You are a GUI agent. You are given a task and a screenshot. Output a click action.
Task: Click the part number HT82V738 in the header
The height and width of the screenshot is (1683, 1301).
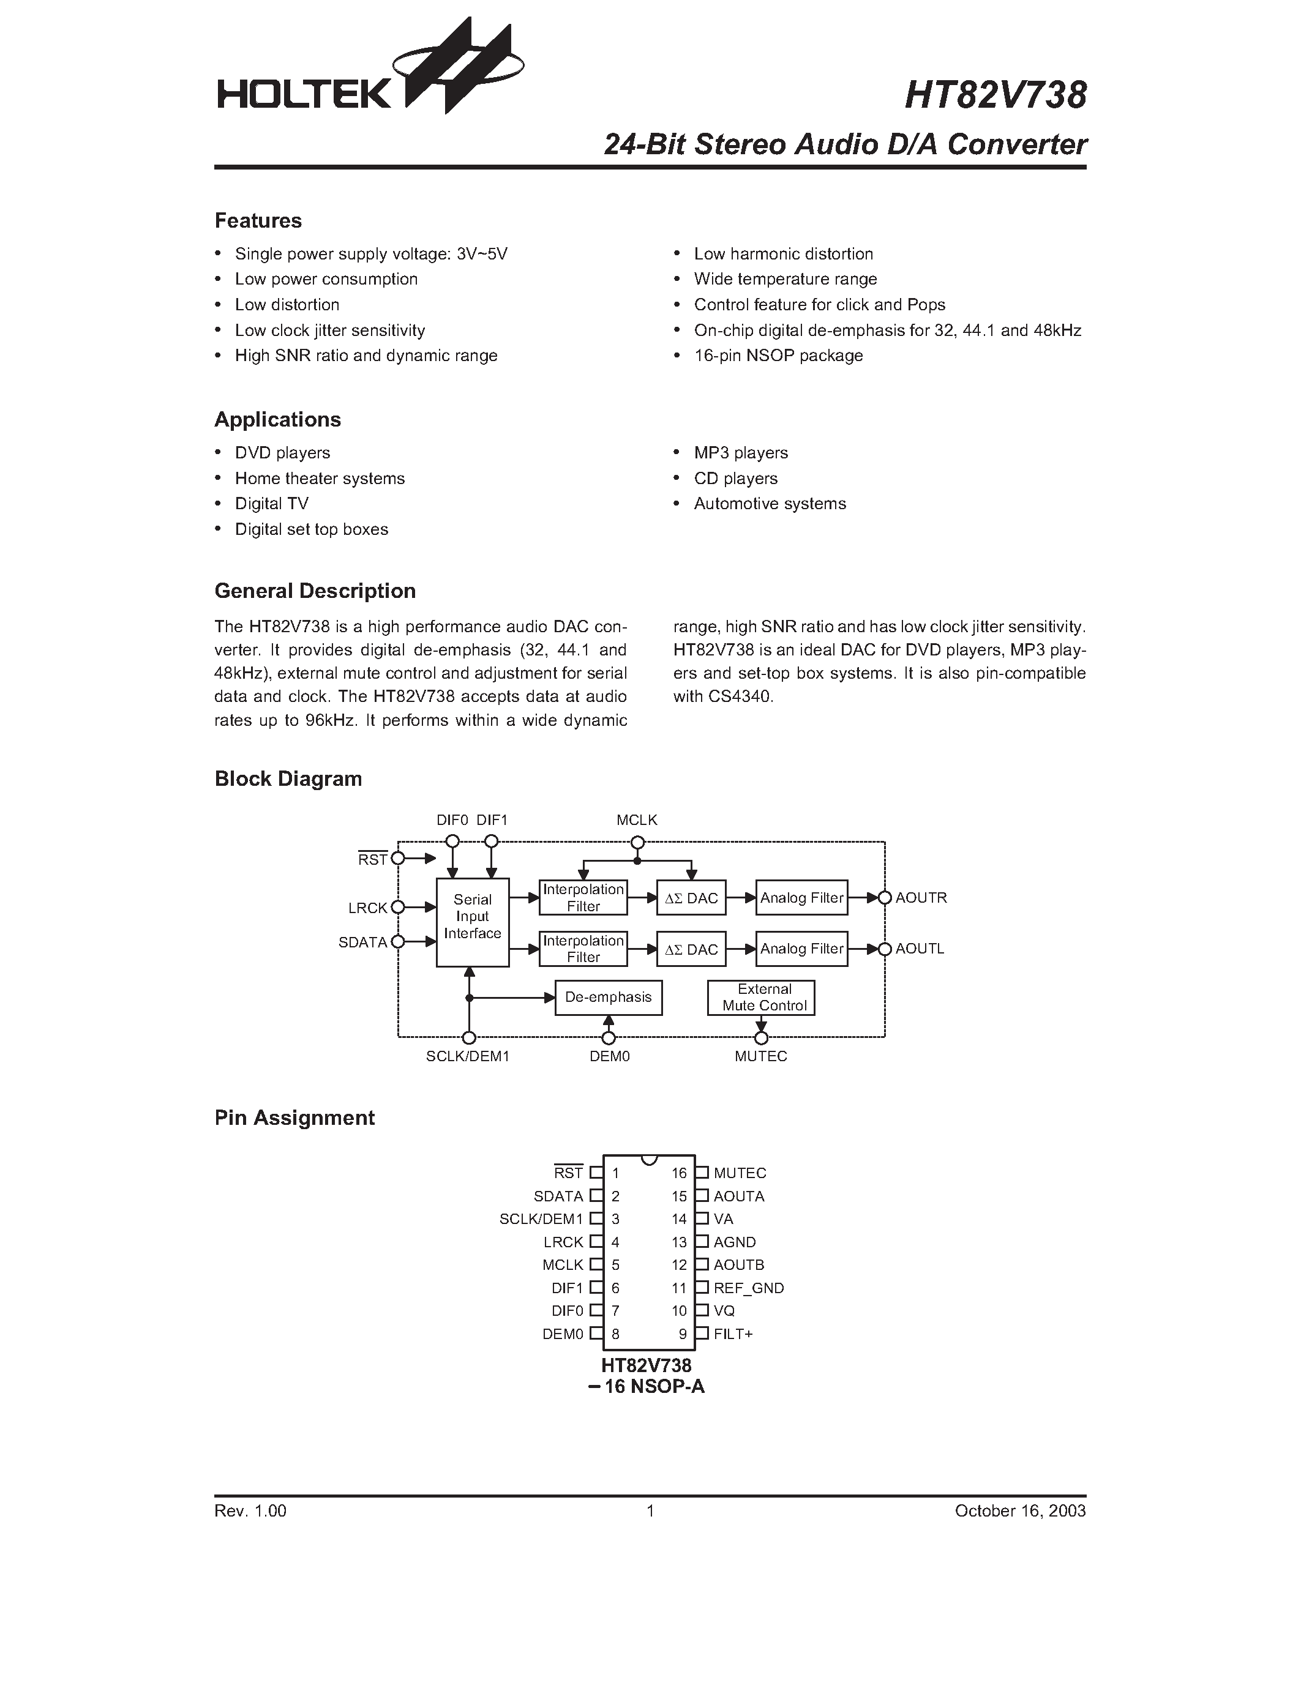[x=995, y=96]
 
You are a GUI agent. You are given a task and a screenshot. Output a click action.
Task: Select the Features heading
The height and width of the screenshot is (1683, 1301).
[x=258, y=221]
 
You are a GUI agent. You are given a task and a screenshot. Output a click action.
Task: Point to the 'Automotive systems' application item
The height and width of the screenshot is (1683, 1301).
[x=769, y=504]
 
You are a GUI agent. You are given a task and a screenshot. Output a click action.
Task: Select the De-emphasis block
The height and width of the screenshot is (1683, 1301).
[x=608, y=997]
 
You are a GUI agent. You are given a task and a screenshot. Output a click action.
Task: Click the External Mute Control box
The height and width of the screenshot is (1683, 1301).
[x=761, y=997]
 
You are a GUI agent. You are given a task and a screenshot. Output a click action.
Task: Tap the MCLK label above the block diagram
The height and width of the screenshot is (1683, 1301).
[x=637, y=821]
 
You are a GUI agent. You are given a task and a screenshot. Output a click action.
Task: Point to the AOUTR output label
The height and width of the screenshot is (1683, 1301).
[x=921, y=898]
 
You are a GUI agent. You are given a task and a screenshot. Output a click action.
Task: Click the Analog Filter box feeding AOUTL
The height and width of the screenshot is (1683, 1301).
[x=801, y=949]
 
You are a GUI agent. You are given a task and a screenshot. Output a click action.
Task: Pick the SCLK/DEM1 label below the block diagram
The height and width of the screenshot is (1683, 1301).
[x=468, y=1056]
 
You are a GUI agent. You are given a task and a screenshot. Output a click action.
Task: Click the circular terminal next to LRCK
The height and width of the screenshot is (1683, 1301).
[x=398, y=908]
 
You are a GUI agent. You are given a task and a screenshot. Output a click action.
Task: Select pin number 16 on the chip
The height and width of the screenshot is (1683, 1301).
[x=679, y=1173]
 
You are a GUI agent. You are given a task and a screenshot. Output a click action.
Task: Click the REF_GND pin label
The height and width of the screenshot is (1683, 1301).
[x=748, y=1288]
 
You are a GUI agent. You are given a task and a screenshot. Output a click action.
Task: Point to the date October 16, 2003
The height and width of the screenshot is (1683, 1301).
[x=1020, y=1511]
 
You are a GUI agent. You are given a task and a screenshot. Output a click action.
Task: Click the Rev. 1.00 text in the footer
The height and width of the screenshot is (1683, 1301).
[x=250, y=1511]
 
